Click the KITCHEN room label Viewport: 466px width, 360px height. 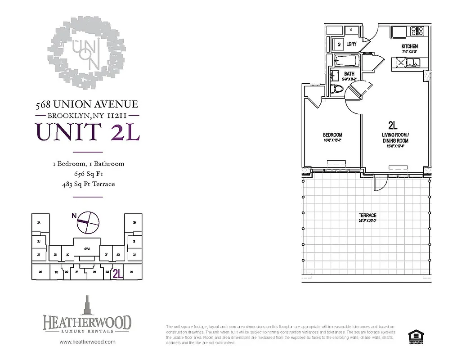(409, 46)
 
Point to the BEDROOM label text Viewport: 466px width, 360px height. (332, 135)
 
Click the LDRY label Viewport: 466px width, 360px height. (351, 44)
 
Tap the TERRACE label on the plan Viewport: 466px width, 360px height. (367, 216)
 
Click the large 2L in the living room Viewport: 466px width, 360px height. (392, 125)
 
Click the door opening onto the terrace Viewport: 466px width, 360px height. (380, 182)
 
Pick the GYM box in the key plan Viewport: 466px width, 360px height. (87, 249)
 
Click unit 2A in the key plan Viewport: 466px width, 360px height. (39, 223)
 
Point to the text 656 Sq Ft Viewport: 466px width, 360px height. (88, 174)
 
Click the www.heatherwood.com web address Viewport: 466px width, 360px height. (87, 342)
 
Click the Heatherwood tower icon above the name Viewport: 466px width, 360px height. (87, 305)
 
